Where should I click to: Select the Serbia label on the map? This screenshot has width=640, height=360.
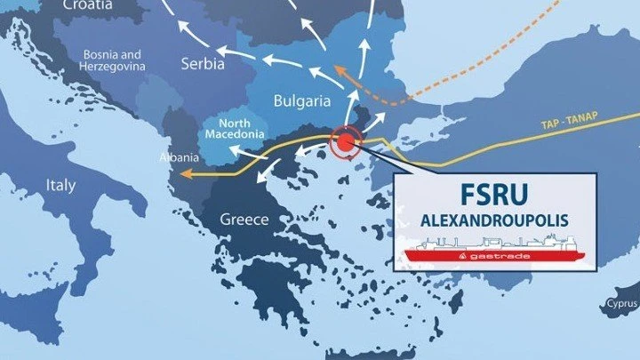coord(201,65)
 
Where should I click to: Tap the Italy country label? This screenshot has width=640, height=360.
coord(61,186)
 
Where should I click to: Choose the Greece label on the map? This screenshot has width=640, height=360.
coord(244,219)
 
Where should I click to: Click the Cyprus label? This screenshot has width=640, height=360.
coord(623,302)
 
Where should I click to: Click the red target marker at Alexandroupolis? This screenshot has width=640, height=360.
coord(343,143)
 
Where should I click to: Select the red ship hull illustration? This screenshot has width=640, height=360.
coord(494,256)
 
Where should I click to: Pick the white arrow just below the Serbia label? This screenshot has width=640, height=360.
coord(228,85)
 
